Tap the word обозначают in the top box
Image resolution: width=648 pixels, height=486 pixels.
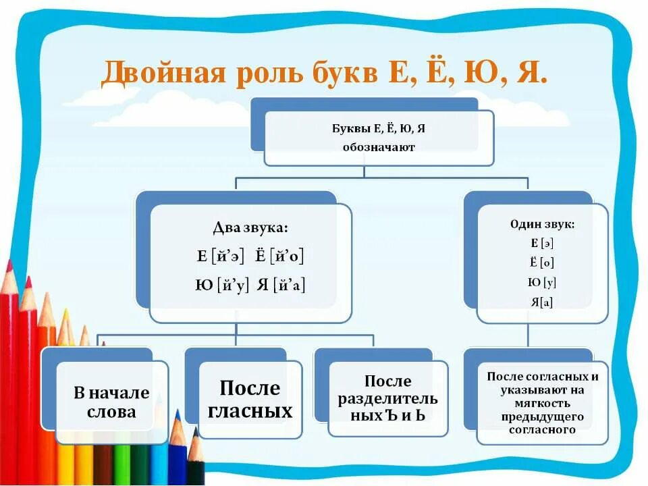378,146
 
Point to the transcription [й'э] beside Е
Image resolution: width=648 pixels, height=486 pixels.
229,256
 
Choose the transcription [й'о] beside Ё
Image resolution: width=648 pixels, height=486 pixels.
288,256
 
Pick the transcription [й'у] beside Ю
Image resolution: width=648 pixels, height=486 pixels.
234,286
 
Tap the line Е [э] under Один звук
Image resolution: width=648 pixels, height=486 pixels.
542,244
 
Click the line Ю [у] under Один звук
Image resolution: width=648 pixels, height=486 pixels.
542,283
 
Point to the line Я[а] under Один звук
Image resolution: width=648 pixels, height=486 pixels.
542,302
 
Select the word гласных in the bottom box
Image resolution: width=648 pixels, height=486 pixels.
250,410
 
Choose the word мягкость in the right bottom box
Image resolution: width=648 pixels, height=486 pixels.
543,403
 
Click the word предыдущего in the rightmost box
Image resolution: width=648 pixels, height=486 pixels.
543,416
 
